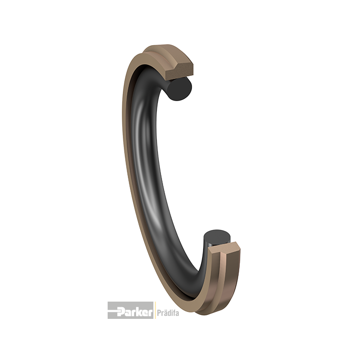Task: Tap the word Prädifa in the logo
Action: pyautogui.click(x=167, y=311)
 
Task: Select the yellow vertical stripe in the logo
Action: pyautogui.click(x=154, y=310)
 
